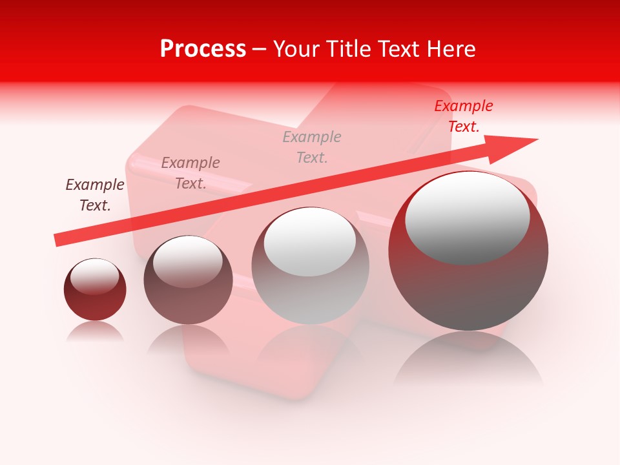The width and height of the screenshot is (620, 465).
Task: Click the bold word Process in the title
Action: point(203,49)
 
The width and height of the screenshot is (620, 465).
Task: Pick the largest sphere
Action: point(468,252)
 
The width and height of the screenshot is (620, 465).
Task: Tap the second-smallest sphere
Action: point(188,280)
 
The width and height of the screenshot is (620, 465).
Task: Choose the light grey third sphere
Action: point(310,266)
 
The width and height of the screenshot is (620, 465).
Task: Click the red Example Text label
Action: point(463,116)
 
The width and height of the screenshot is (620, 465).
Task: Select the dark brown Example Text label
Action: point(95,195)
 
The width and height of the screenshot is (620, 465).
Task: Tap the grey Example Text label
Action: point(312,147)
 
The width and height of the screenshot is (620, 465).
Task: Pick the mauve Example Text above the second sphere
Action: point(191,173)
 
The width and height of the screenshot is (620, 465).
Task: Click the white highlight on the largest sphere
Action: point(467,217)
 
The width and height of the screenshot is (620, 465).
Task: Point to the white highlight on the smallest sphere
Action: point(94,276)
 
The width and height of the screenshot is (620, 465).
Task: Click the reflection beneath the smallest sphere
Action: point(95,331)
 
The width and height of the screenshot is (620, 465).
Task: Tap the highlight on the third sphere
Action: point(310,242)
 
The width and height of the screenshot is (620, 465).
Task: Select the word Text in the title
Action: point(401,49)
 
